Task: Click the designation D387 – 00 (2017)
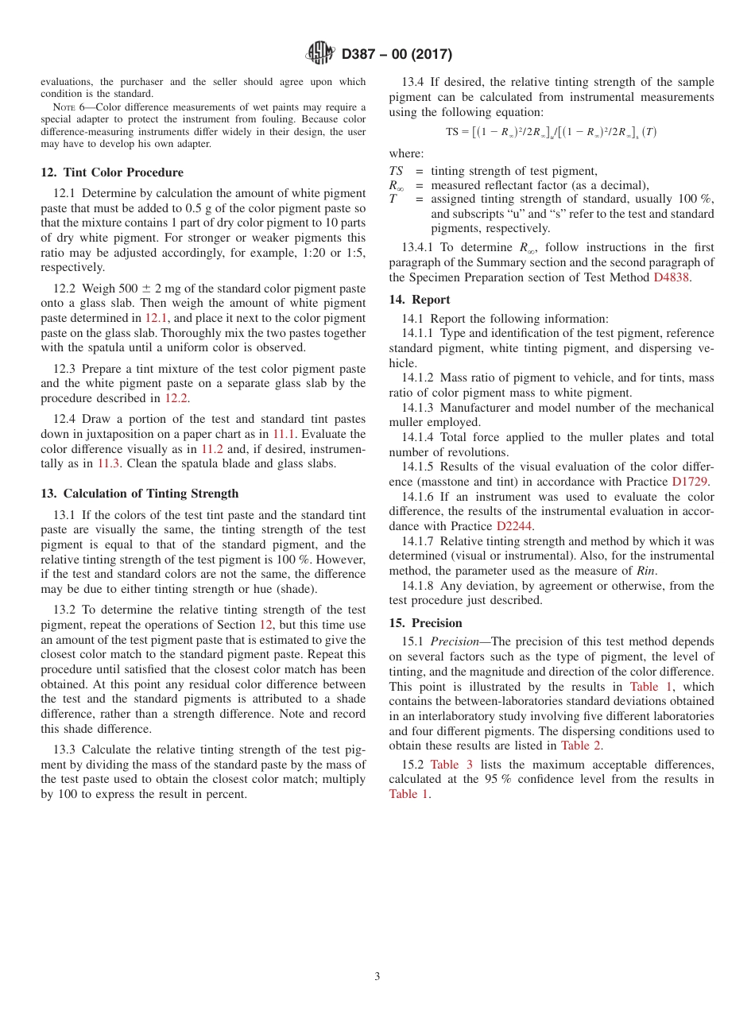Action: [x=397, y=54]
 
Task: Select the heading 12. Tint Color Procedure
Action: [x=112, y=172]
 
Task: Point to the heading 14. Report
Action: [x=420, y=300]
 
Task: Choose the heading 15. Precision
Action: [x=425, y=623]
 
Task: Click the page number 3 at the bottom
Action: [x=377, y=977]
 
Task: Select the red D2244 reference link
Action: [x=516, y=526]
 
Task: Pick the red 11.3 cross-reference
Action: [x=107, y=463]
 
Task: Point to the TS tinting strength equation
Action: [x=551, y=133]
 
